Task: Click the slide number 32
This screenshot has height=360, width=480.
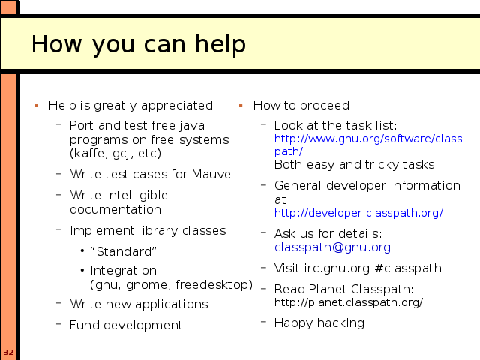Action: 8,352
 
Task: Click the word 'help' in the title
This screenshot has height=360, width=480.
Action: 220,44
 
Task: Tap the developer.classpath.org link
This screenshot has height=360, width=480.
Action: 358,213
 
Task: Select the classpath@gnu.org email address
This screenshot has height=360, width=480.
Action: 332,247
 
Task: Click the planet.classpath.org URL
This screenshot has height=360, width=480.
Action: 349,302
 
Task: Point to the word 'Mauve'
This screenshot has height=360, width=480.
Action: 211,175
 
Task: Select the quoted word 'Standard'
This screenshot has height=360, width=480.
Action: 123,252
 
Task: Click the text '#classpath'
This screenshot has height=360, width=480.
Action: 408,268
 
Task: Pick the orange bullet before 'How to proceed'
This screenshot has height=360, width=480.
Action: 241,106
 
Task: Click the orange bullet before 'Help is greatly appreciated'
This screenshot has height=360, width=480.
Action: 36,106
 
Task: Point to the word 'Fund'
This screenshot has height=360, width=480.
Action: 85,325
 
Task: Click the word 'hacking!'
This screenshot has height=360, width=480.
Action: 343,323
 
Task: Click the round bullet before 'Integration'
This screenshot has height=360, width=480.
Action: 82,271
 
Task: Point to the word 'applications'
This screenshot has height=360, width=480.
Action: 172,304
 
